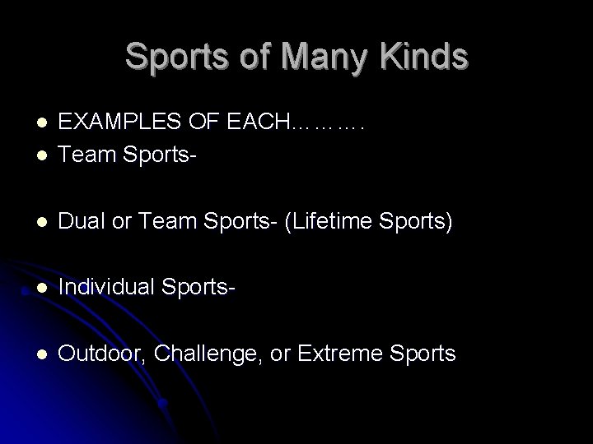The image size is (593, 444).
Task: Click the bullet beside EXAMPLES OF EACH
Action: [40, 124]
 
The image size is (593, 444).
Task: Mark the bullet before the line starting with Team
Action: [40, 154]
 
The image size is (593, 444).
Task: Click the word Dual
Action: [85, 222]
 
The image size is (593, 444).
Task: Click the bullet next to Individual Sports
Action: [40, 289]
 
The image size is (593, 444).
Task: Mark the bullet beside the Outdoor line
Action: [40, 354]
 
